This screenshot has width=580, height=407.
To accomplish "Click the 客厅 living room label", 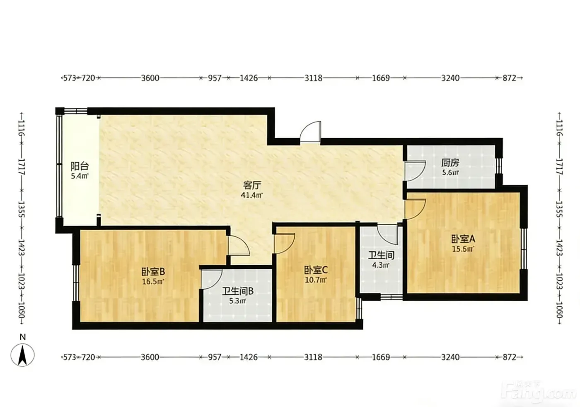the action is click(252, 185).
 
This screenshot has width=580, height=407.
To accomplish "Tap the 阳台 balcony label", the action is click(80, 166).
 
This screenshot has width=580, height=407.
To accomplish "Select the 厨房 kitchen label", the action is click(450, 163).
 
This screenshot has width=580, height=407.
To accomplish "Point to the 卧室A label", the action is click(463, 239).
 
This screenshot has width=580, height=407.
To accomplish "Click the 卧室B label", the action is click(153, 272).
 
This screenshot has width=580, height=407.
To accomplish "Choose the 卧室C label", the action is click(316, 271).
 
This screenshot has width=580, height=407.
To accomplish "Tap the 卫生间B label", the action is click(238, 291).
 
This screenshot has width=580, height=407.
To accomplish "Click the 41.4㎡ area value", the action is click(252, 195).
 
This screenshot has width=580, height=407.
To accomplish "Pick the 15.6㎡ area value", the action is click(463, 249).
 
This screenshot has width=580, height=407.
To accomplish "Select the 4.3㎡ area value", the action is click(381, 265).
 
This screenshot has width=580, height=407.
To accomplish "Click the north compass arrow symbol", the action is click(22, 355).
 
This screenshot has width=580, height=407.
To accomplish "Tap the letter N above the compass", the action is click(23, 337).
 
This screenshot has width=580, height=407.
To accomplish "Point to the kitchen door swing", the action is click(415, 171).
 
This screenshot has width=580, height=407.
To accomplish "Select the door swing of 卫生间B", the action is click(212, 279).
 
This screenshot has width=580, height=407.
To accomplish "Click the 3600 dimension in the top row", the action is click(150, 78).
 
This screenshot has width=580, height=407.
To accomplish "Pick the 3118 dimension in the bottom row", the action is click(313, 357).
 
